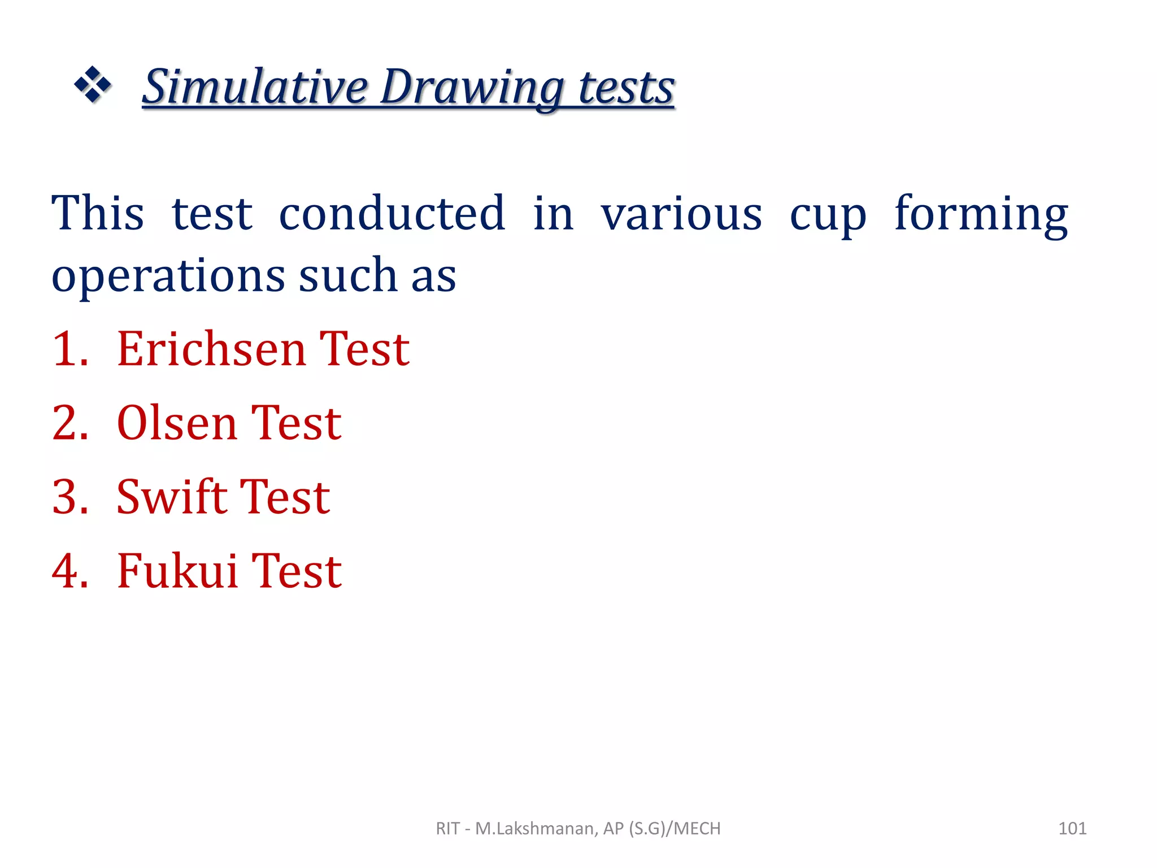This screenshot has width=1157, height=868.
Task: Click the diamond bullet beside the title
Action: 93,85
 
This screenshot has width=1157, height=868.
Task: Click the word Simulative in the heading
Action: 255,88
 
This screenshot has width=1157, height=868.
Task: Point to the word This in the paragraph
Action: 98,213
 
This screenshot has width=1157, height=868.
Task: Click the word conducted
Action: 392,213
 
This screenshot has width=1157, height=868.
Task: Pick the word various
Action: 681,214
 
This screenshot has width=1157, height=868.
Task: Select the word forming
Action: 981,215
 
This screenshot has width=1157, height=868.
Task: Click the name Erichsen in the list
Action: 211,349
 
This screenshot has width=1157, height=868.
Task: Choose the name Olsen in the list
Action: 176,423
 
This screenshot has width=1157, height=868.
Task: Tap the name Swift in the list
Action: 171,497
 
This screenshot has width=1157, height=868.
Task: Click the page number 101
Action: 1072,828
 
